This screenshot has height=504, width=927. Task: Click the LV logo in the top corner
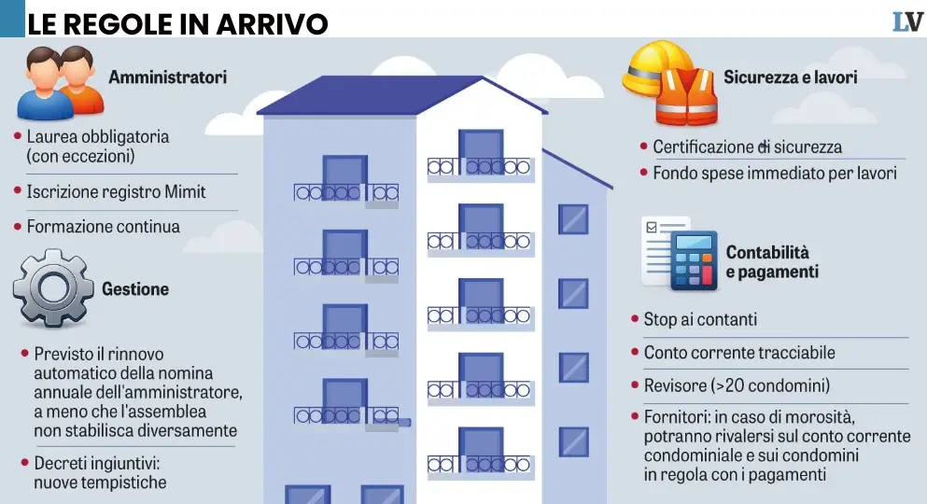point(906,21)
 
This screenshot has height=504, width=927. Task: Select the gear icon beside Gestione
point(53,287)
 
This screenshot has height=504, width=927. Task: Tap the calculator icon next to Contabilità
point(693,260)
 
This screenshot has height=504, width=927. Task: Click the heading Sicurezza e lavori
point(790,77)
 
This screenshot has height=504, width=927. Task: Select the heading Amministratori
point(167,77)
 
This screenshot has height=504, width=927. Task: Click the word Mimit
point(185,191)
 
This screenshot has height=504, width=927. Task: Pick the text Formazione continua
point(103,227)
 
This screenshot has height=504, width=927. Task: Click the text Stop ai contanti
point(700,320)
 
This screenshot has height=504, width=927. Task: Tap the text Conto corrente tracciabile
point(739,353)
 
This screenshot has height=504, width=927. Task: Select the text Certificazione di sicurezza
point(747,147)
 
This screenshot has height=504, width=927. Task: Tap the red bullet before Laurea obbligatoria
point(18,136)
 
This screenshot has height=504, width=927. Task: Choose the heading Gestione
point(135,289)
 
